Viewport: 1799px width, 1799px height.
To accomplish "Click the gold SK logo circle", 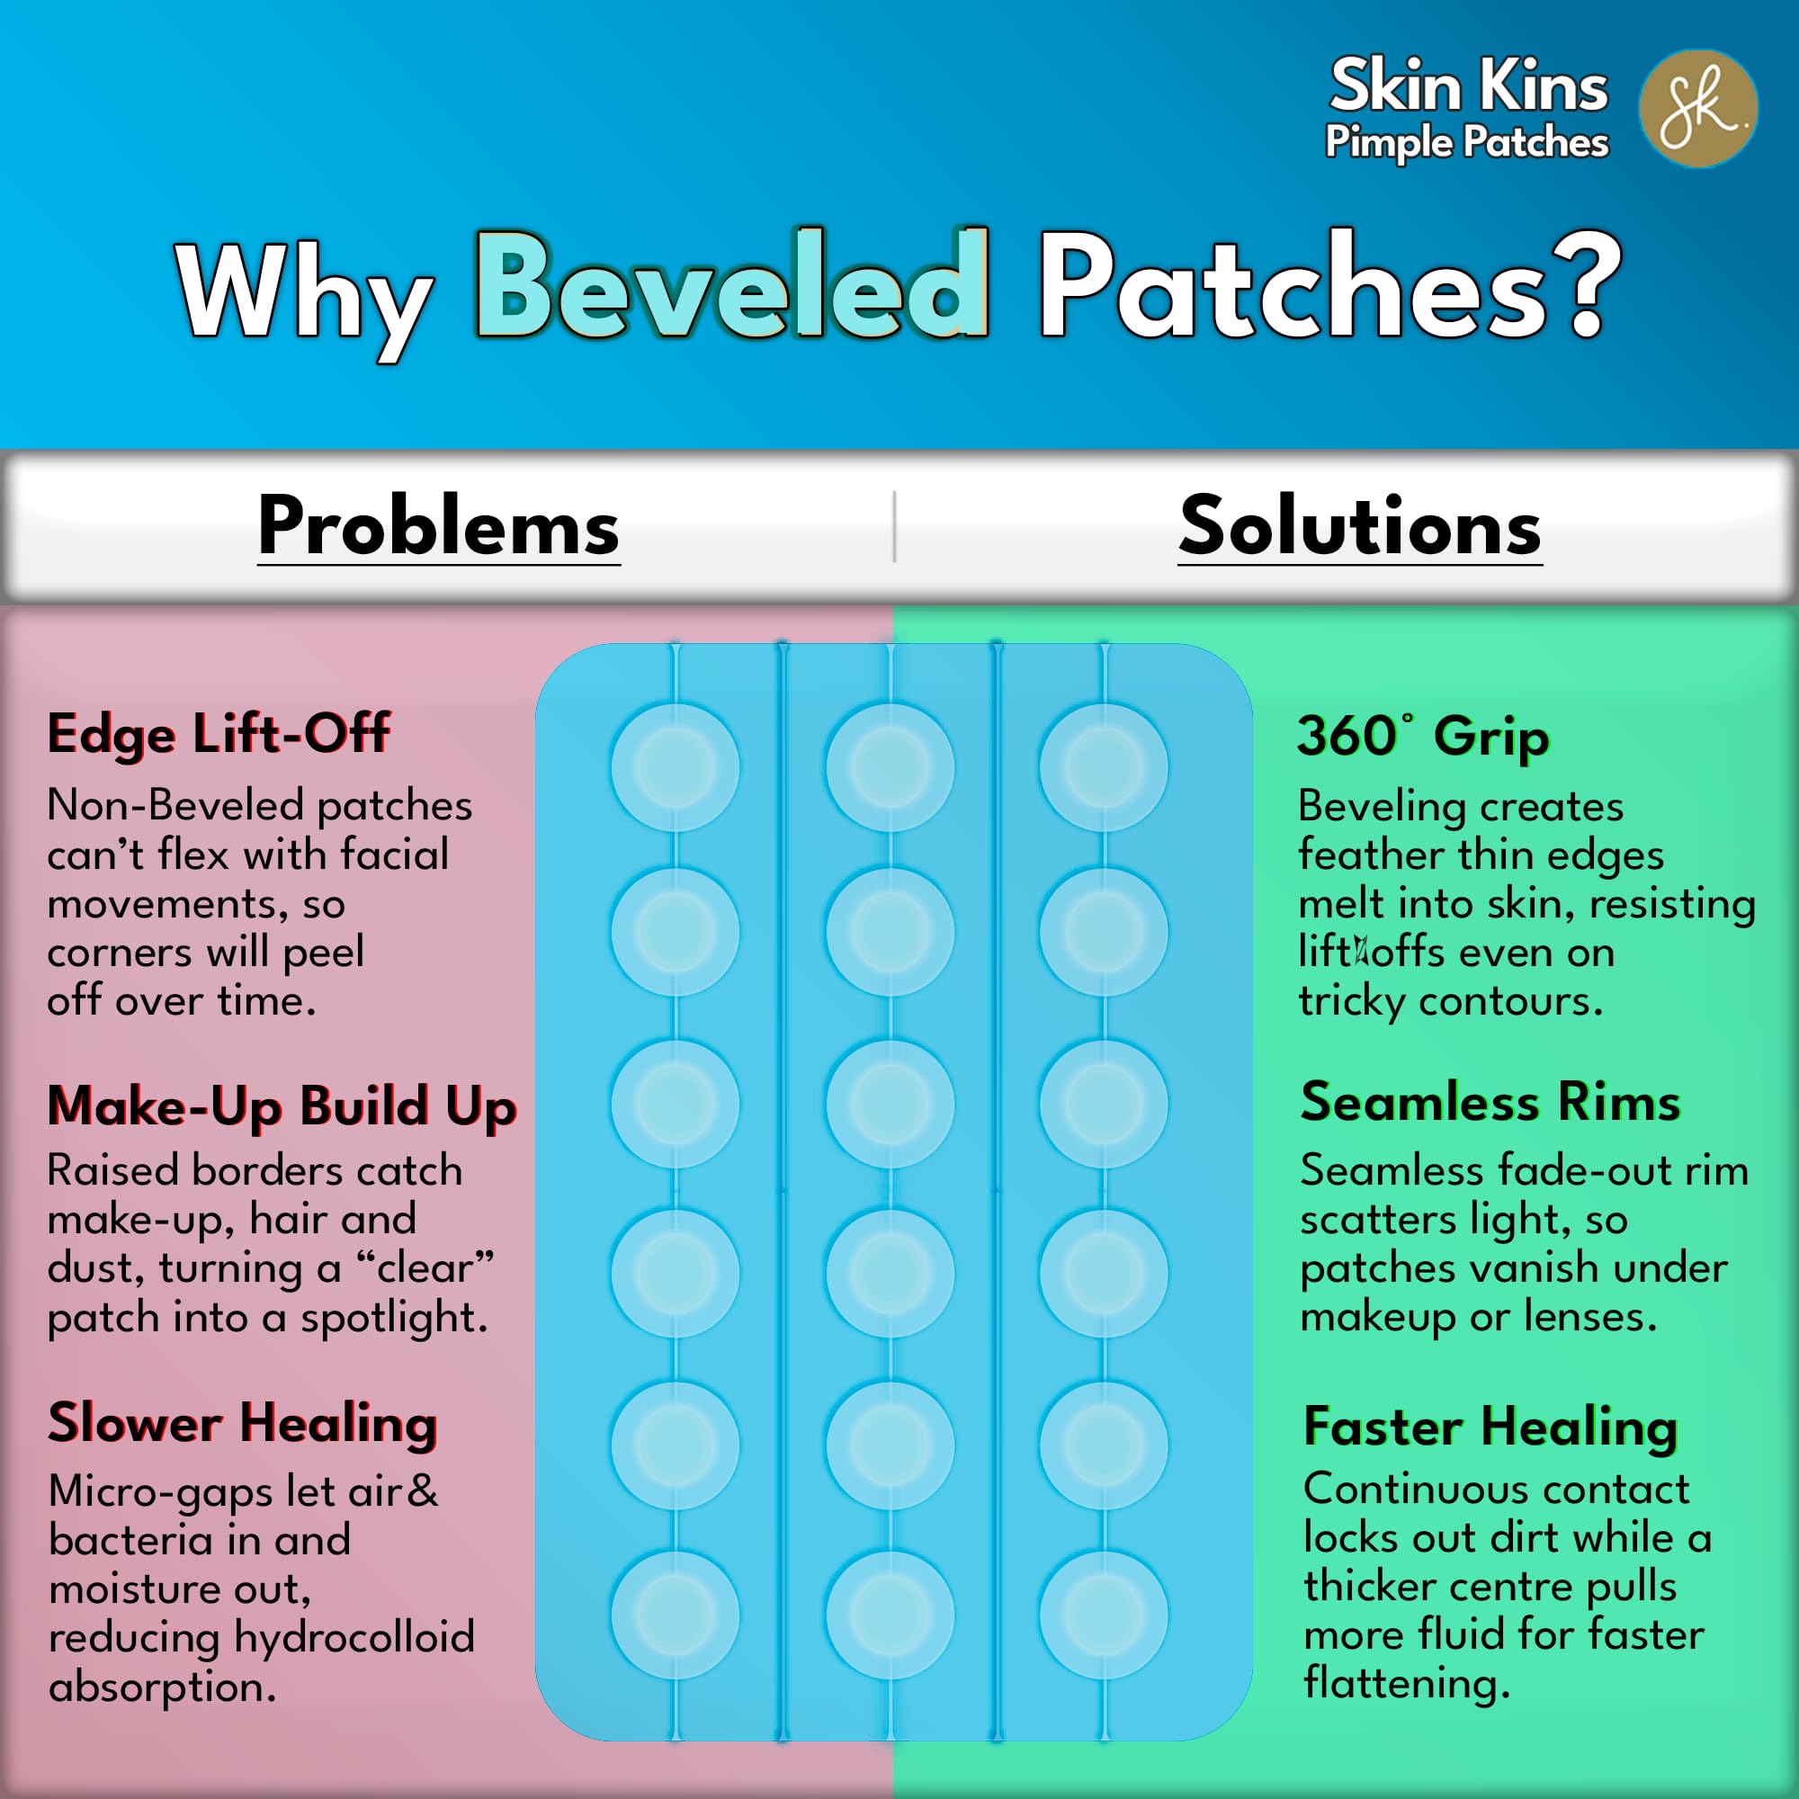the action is point(1698,109).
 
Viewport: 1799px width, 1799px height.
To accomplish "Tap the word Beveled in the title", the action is point(732,283).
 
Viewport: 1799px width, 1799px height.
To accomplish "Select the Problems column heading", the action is point(439,526).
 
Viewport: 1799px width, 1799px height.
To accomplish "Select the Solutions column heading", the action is point(1360,526).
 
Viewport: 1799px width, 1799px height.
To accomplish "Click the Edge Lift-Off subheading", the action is point(219,735).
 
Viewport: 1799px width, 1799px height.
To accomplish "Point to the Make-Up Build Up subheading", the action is point(282,1108).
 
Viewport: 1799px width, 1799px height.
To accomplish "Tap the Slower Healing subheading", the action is point(243,1425).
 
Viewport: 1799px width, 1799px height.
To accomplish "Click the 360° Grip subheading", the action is point(1424,737).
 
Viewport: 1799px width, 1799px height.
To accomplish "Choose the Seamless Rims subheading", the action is point(1490,1103).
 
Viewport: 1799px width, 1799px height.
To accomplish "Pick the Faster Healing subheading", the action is point(1490,1427).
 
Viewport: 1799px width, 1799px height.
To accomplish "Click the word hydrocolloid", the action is point(354,1638).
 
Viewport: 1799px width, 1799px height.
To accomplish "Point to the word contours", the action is point(1510,1002).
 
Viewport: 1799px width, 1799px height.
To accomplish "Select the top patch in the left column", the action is point(676,767).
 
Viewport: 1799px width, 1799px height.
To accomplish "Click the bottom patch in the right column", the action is point(1104,1615).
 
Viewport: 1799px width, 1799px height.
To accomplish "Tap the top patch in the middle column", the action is point(890,767).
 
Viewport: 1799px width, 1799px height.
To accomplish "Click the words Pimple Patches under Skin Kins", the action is point(1466,142).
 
